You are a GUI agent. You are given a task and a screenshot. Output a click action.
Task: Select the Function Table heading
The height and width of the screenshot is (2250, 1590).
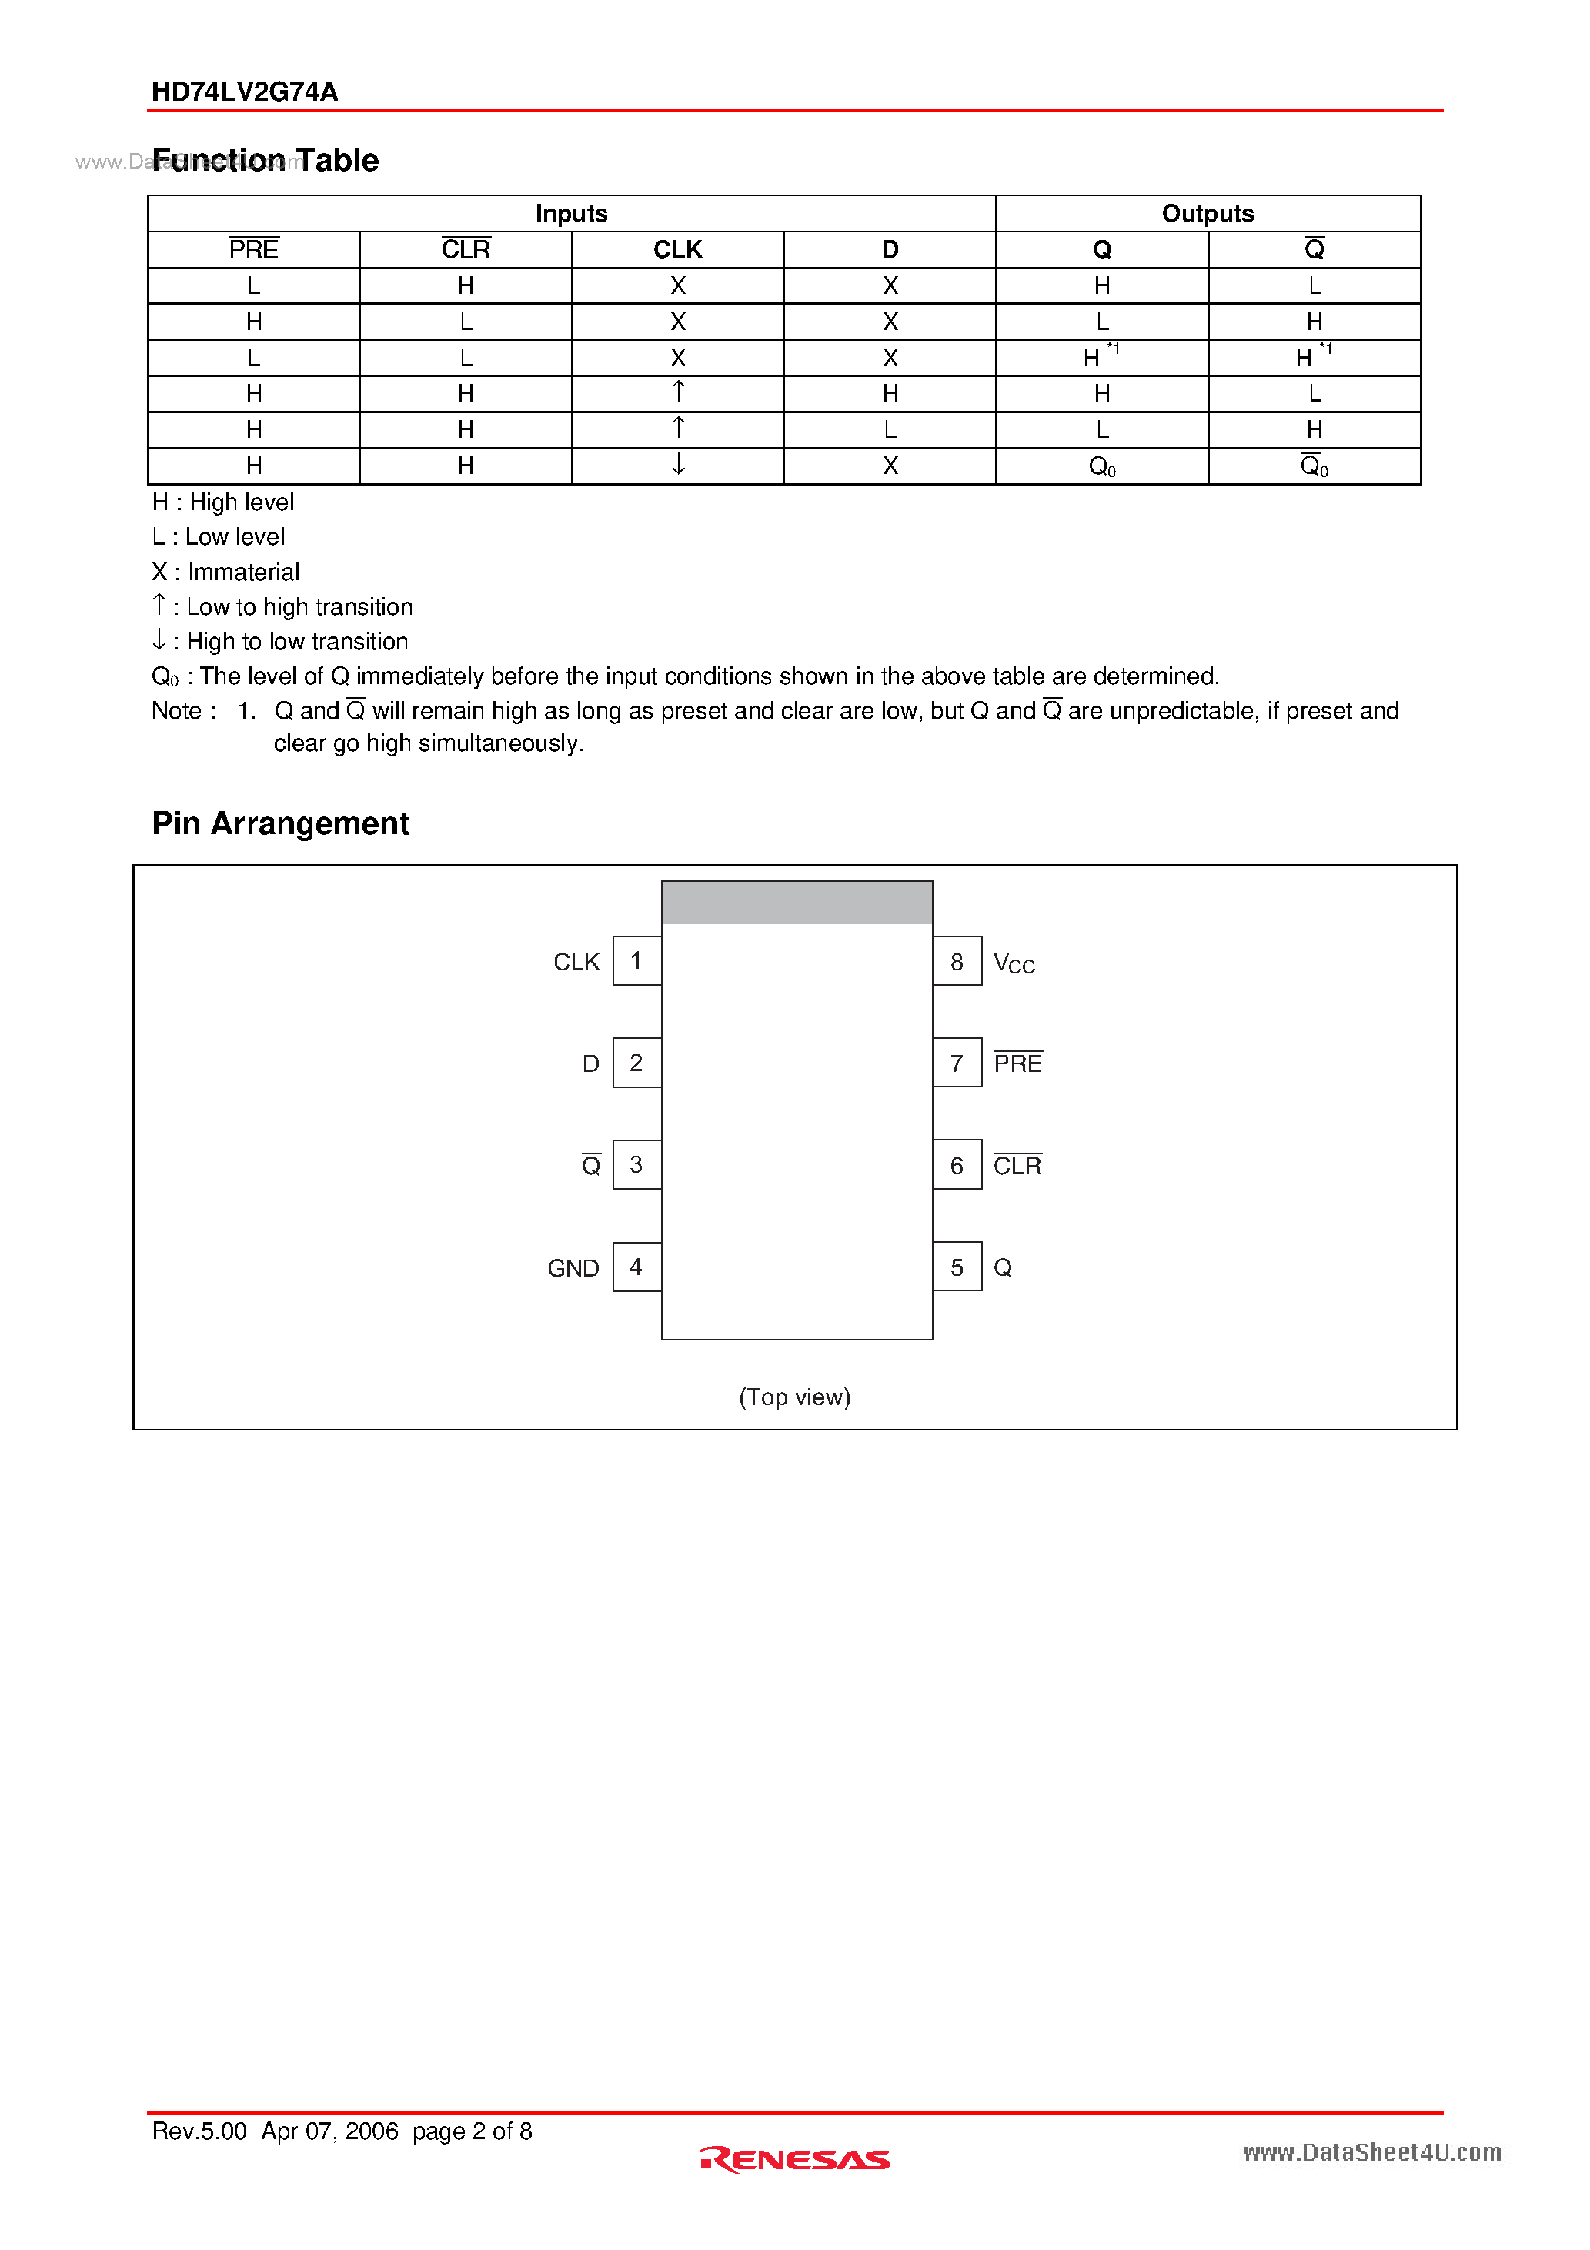266,160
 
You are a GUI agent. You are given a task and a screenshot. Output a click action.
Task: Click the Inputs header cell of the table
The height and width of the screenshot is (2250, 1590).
572,214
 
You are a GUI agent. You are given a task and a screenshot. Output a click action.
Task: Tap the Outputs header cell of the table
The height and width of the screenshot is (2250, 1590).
1207,214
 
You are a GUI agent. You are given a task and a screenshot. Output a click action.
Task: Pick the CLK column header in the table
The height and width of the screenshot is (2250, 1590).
677,250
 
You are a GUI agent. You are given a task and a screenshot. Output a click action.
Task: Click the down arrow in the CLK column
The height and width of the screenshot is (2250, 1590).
677,465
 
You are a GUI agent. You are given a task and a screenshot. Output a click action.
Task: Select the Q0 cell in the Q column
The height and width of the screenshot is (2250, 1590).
1102,466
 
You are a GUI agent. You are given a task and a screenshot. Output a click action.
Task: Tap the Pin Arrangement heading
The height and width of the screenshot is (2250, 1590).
280,823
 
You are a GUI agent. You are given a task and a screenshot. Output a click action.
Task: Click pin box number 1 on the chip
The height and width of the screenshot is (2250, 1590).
636,960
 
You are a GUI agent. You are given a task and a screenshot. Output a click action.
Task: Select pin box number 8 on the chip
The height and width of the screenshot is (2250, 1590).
957,961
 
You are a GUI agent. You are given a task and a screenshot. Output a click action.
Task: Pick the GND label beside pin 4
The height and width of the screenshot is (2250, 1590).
573,1268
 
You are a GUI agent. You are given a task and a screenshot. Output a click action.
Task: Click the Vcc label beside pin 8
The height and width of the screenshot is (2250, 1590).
1014,963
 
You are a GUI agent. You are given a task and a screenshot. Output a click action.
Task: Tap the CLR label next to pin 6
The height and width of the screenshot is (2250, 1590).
1017,1165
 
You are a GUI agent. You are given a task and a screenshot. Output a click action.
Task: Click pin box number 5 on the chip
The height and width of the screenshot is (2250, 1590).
957,1267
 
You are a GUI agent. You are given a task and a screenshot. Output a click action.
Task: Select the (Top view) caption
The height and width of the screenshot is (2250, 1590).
794,1397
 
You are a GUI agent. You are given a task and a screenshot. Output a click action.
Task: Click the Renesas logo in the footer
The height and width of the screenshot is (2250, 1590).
795,2160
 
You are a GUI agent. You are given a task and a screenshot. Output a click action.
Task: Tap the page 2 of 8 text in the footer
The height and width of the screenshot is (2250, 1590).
472,2131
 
